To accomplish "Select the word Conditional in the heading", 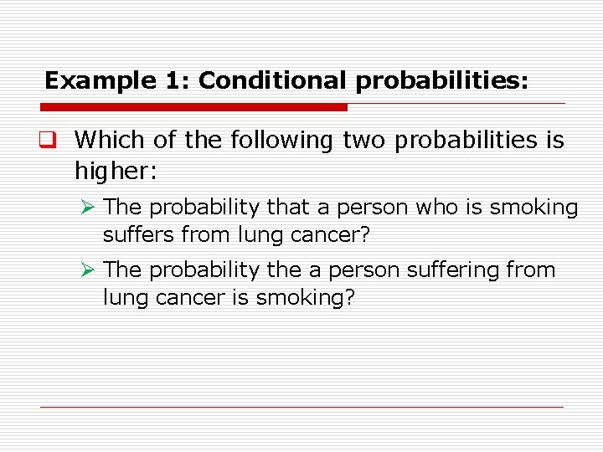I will click(x=272, y=81).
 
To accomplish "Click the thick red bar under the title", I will click(x=193, y=107).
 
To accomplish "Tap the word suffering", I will click(x=451, y=270).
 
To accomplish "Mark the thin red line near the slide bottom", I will click(x=301, y=407).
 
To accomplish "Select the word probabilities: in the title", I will click(x=441, y=81).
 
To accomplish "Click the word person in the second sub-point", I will click(x=364, y=270).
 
